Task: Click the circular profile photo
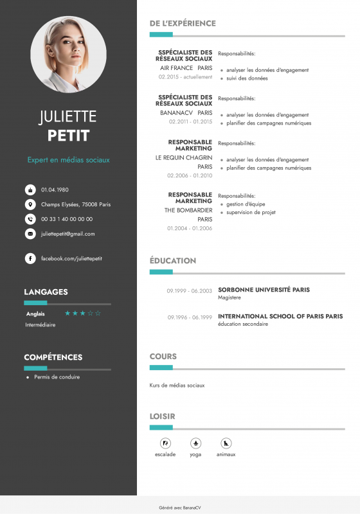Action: click(x=68, y=55)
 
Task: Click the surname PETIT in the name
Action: click(x=68, y=136)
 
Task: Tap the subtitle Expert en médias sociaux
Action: click(x=68, y=159)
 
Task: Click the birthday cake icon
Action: click(x=30, y=190)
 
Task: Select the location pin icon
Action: click(x=30, y=204)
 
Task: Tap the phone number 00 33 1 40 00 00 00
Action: click(x=67, y=219)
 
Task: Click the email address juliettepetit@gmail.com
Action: click(x=67, y=234)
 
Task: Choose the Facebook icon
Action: click(x=30, y=258)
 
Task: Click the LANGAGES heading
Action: click(x=46, y=292)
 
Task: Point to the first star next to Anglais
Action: click(x=67, y=314)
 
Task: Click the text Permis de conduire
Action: click(x=57, y=377)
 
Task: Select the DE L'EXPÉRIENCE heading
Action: click(x=183, y=23)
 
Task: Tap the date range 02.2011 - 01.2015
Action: click(x=190, y=121)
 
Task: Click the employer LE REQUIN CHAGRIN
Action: click(x=184, y=157)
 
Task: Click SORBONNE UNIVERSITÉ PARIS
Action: click(x=264, y=290)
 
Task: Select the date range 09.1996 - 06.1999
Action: click(x=190, y=317)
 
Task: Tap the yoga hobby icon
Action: click(x=195, y=443)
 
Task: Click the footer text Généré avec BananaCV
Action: click(x=180, y=507)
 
